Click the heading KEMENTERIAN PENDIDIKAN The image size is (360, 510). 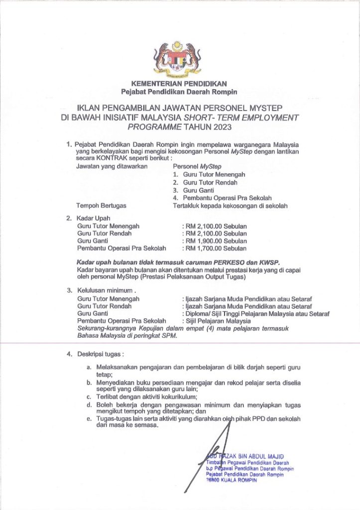pos(179,84)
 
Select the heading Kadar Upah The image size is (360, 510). pos(93,218)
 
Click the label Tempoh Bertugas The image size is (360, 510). pos(101,205)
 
